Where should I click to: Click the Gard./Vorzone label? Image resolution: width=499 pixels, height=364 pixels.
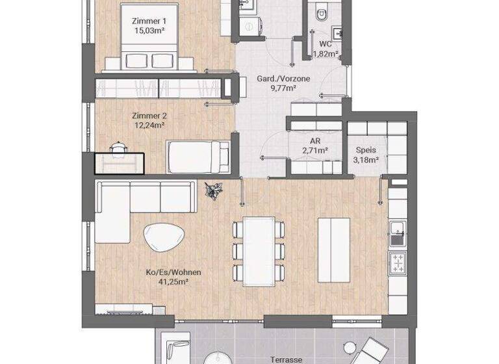point(283,79)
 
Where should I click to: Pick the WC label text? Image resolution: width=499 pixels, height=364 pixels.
point(326,44)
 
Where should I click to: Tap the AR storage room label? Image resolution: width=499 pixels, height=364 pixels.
point(316,140)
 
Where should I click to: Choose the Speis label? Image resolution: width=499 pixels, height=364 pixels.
point(366,149)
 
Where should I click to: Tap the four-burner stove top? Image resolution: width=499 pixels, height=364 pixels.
point(397,263)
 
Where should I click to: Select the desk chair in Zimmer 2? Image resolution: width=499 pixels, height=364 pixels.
point(118,148)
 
